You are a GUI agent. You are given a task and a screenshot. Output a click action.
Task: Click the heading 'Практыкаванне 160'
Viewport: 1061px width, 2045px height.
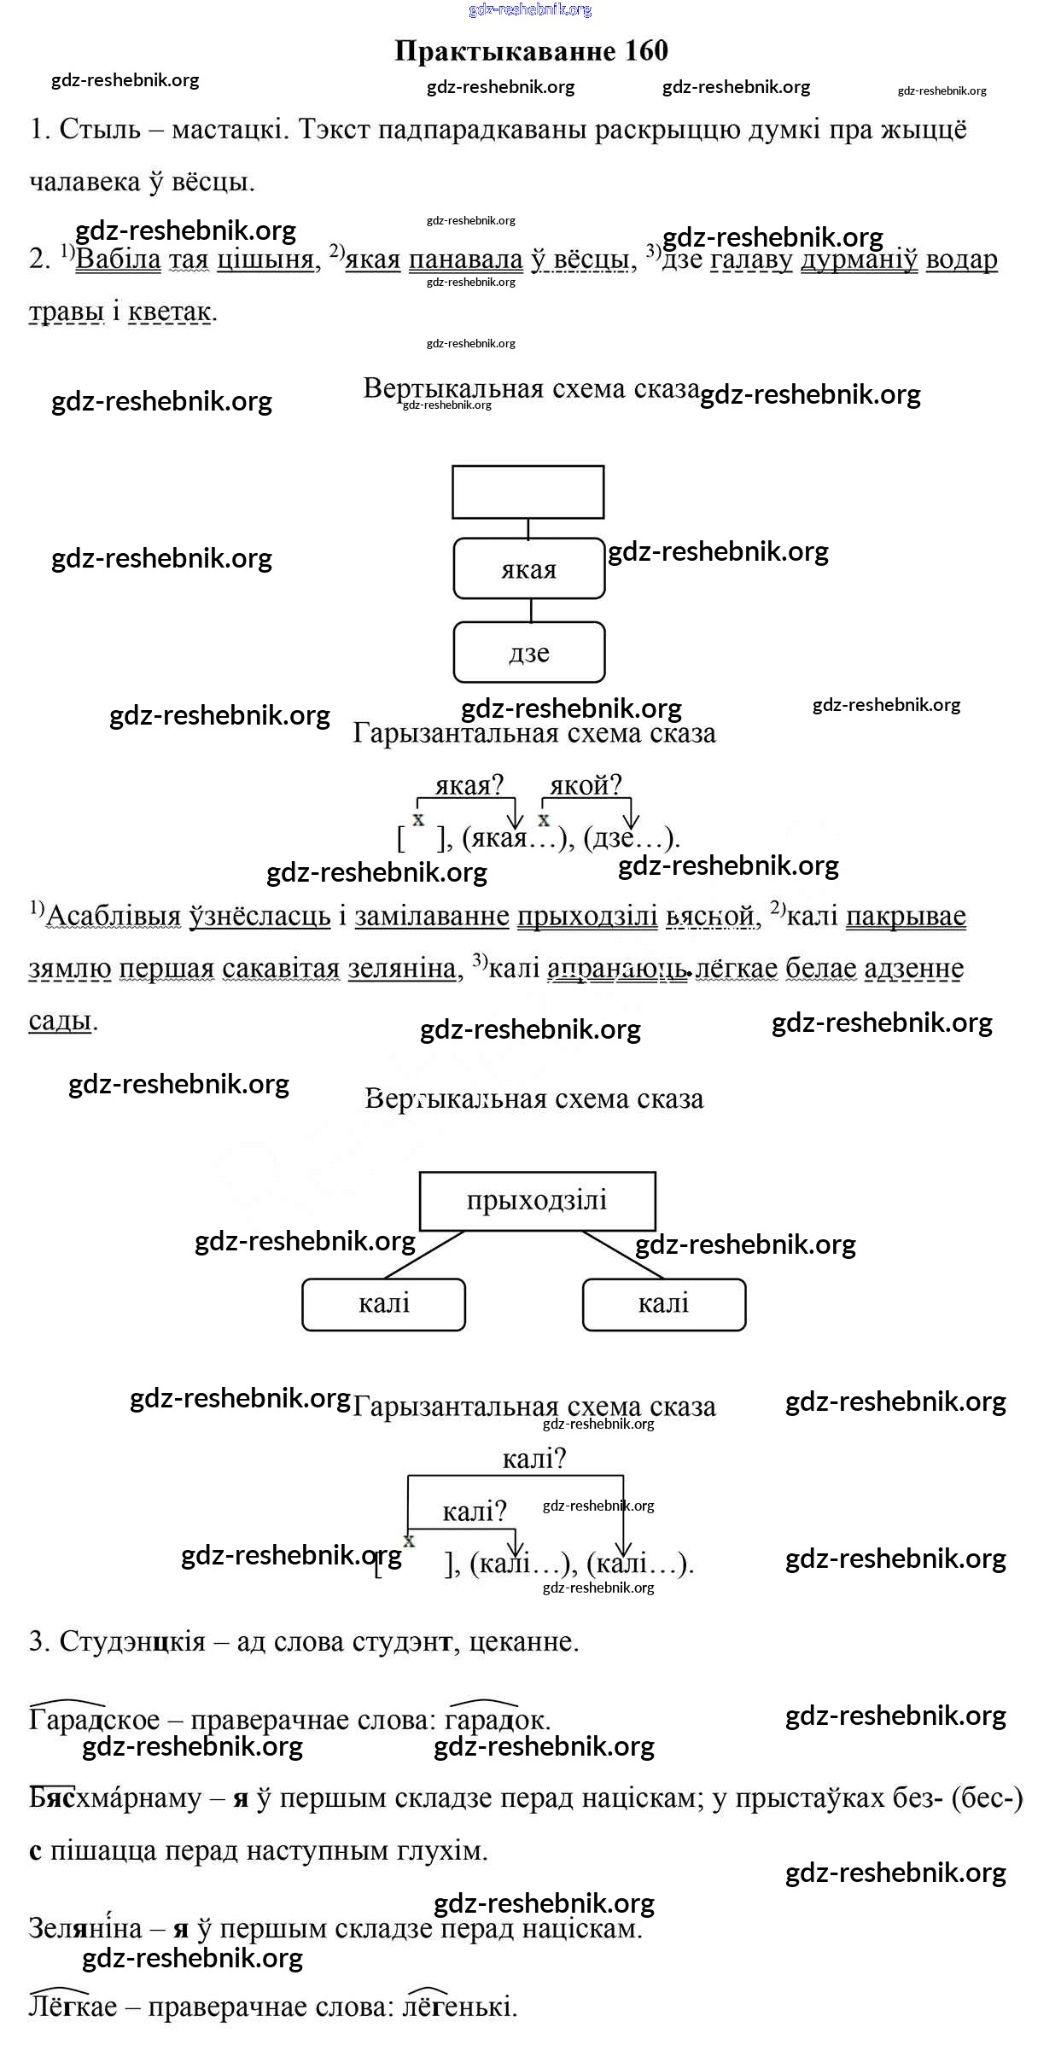click(x=531, y=51)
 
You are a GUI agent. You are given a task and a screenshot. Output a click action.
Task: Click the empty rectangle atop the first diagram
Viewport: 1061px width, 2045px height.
click(x=528, y=492)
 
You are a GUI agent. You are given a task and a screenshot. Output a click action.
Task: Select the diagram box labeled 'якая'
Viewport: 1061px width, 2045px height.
click(x=529, y=568)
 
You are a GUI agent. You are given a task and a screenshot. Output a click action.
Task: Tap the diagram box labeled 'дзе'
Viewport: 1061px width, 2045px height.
click(x=529, y=653)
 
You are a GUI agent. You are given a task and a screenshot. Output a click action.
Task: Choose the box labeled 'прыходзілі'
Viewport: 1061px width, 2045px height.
click(x=537, y=1200)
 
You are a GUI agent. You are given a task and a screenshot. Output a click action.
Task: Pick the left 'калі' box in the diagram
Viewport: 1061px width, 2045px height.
click(x=384, y=1304)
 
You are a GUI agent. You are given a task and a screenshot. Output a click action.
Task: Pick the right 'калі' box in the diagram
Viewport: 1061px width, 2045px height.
click(x=663, y=1304)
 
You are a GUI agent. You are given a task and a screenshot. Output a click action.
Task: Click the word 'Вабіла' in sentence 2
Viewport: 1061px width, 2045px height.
click(x=118, y=259)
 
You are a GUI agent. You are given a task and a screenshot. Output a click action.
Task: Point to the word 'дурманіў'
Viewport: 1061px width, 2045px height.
click(x=859, y=259)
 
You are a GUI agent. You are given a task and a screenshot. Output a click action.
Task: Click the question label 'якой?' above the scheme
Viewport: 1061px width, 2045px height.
click(x=586, y=785)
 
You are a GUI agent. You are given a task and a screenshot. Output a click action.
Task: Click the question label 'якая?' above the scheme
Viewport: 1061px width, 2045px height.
click(x=469, y=785)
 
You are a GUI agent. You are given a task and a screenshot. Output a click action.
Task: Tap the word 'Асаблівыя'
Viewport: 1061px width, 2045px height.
click(x=113, y=916)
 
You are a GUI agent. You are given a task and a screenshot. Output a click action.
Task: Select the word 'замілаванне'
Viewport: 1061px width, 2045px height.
click(x=431, y=916)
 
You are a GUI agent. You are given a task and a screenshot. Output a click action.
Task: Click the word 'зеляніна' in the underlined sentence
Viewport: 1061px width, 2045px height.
click(x=402, y=969)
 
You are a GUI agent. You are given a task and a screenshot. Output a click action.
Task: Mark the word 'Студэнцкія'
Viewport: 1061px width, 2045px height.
click(x=132, y=1641)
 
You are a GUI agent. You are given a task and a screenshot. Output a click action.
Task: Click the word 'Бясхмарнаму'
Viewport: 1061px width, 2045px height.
click(x=115, y=1798)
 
